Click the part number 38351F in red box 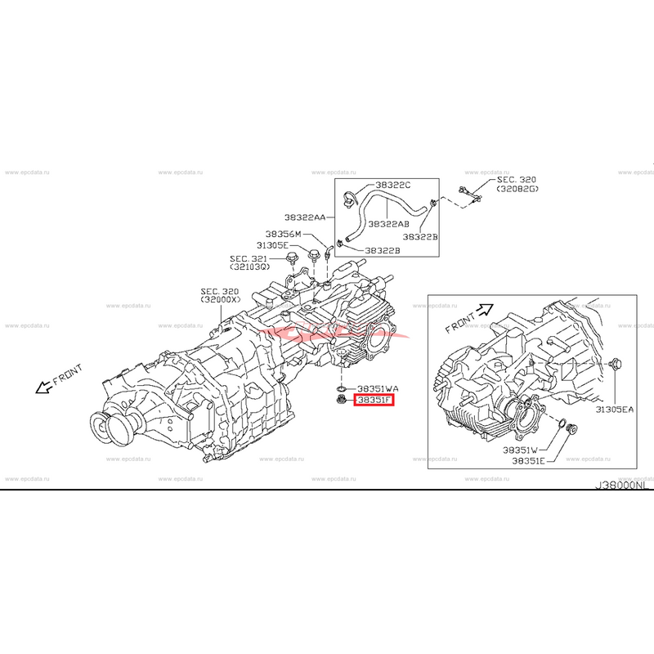point(373,401)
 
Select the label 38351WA point(377,388)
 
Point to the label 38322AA point(305,217)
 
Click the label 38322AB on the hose point(389,222)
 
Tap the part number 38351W point(520,450)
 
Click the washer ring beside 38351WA point(338,387)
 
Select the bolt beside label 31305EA point(617,363)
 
